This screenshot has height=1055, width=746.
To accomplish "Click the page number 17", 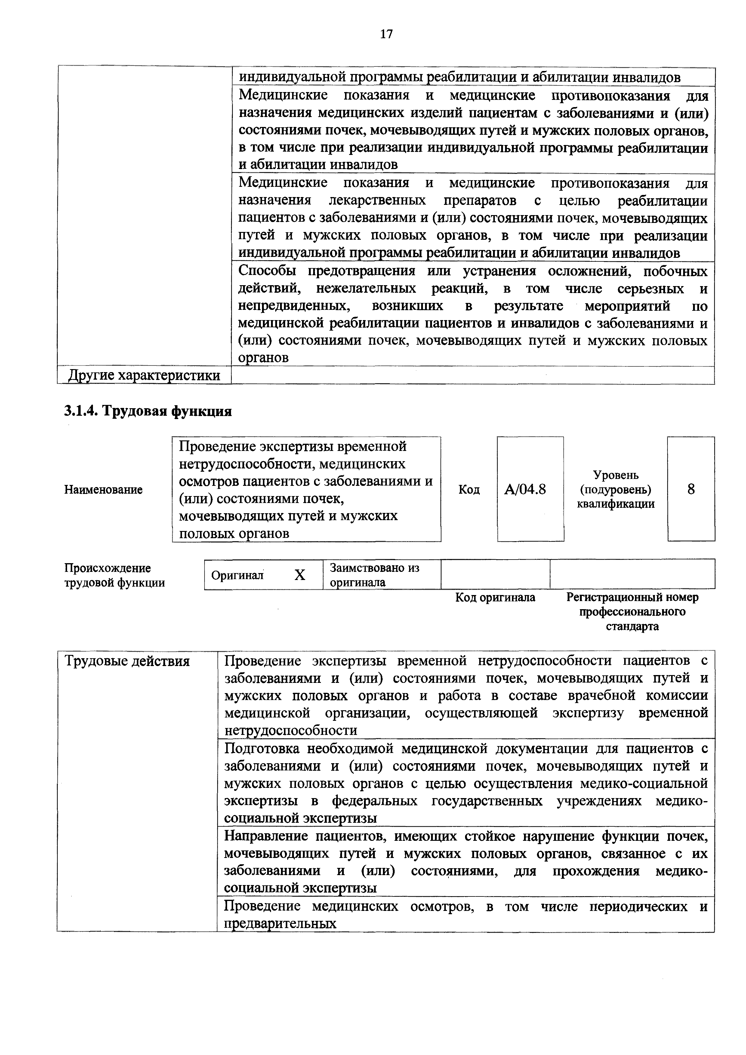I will pos(386,34).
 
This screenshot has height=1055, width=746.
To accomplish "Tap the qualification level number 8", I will pos(691,489).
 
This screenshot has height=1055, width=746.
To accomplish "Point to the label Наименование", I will pos(103,490).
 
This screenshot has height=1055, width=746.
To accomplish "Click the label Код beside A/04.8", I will pos(469,490).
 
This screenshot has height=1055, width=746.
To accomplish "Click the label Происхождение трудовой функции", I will pos(114,575).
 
